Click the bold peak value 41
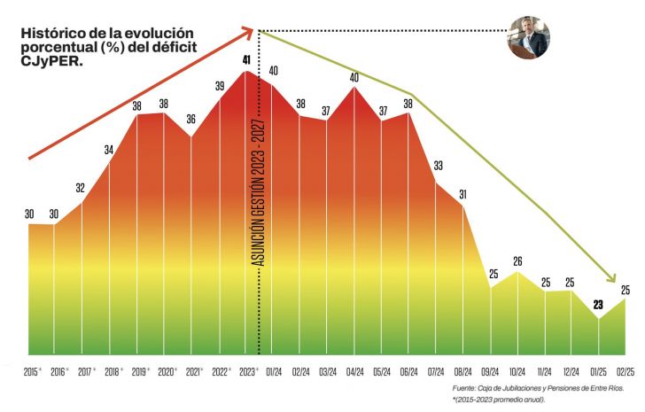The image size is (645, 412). [x=246, y=60]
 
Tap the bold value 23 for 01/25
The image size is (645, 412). [x=598, y=305]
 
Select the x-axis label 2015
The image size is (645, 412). [x=30, y=372]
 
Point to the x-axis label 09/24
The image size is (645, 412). [x=490, y=372]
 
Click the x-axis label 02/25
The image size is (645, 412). [x=625, y=372]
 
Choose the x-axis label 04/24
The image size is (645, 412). [x=355, y=372]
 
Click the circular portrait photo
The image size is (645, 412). [x=528, y=38]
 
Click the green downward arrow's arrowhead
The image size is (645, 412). [x=611, y=277]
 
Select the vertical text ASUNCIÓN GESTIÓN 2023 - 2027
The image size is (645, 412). [x=259, y=192]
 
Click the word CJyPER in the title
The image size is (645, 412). [x=51, y=61]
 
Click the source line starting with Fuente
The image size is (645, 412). [x=538, y=388]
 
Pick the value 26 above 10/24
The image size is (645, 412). [x=517, y=261]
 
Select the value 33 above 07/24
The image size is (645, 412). [x=438, y=166]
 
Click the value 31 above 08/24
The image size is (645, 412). [x=462, y=194]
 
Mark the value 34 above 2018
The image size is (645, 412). [x=109, y=150]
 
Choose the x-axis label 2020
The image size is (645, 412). [x=166, y=372]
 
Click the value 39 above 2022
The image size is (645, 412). [x=220, y=86]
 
